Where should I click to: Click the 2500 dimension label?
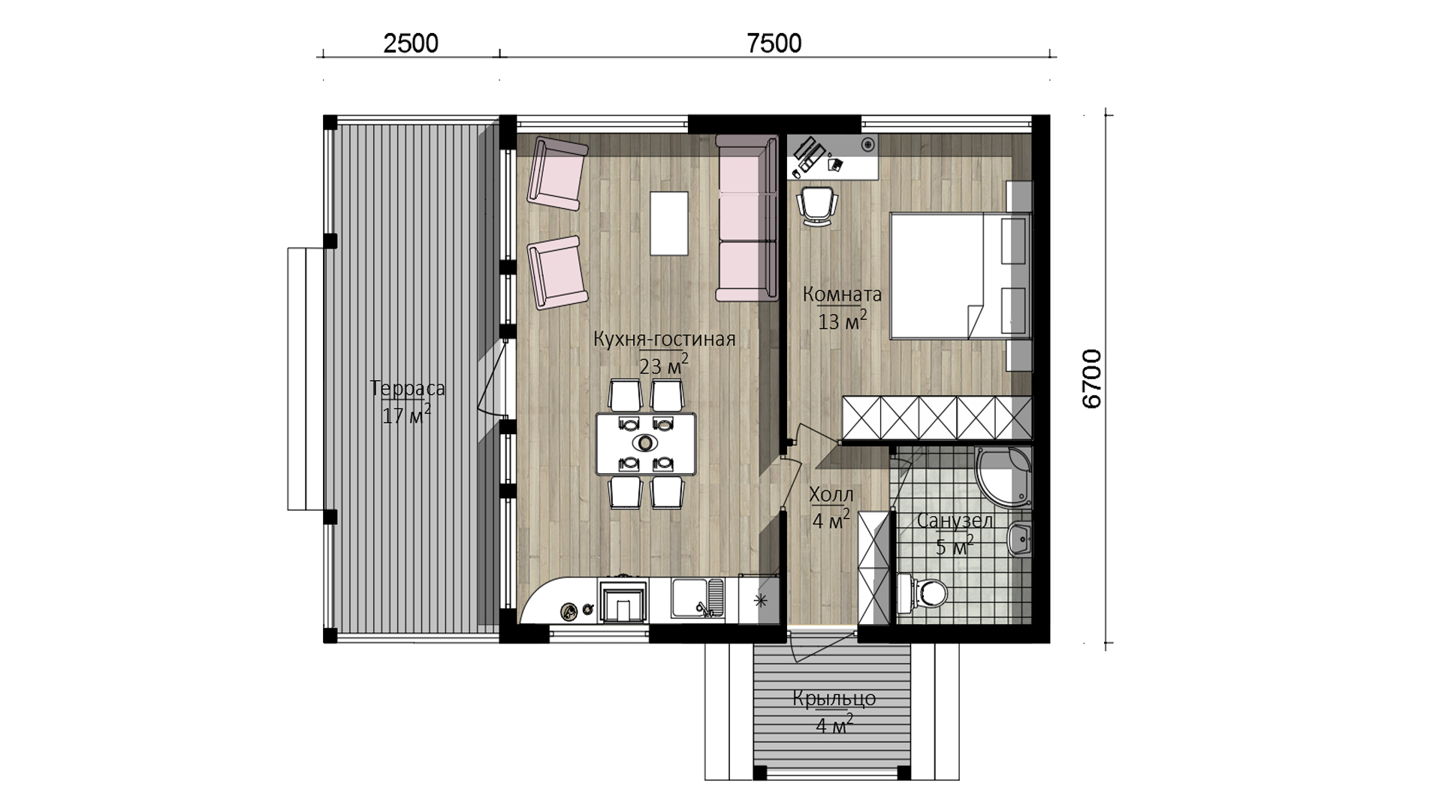[x=410, y=43]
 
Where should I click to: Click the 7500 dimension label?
[x=774, y=43]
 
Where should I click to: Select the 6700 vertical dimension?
[x=1091, y=379]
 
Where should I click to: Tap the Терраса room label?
[x=408, y=388]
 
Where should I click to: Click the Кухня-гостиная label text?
[x=664, y=339]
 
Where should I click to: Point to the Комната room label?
[x=842, y=294]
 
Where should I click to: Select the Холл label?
[x=831, y=495]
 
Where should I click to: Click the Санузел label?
[x=954, y=521]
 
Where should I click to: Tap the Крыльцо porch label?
[x=834, y=699]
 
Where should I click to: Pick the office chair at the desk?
[x=817, y=205]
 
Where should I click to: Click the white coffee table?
[x=669, y=224]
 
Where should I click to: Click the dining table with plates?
[x=646, y=443]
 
